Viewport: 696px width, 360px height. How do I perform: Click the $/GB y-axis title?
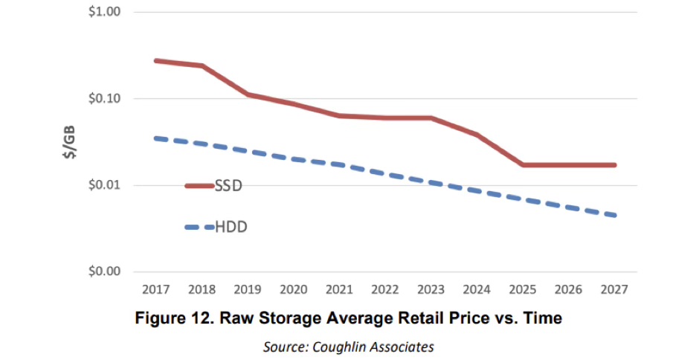[x=69, y=141]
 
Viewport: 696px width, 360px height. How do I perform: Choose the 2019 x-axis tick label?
[x=247, y=288]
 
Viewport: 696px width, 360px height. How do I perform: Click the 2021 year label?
[x=339, y=288]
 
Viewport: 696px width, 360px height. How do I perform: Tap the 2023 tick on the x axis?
[x=431, y=288]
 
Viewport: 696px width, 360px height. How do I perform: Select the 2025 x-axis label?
[x=523, y=288]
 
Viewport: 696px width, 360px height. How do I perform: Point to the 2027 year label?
[x=615, y=288]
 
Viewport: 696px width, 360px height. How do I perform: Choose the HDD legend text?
[x=231, y=227]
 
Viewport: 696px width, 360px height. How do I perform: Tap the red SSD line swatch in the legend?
[x=199, y=186]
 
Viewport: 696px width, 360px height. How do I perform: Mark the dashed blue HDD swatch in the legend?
[x=199, y=228]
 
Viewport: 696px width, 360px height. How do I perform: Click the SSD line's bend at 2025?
[x=523, y=164]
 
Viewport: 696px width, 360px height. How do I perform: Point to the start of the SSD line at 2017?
[x=155, y=60]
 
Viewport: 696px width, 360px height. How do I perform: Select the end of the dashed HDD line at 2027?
[x=615, y=216]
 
